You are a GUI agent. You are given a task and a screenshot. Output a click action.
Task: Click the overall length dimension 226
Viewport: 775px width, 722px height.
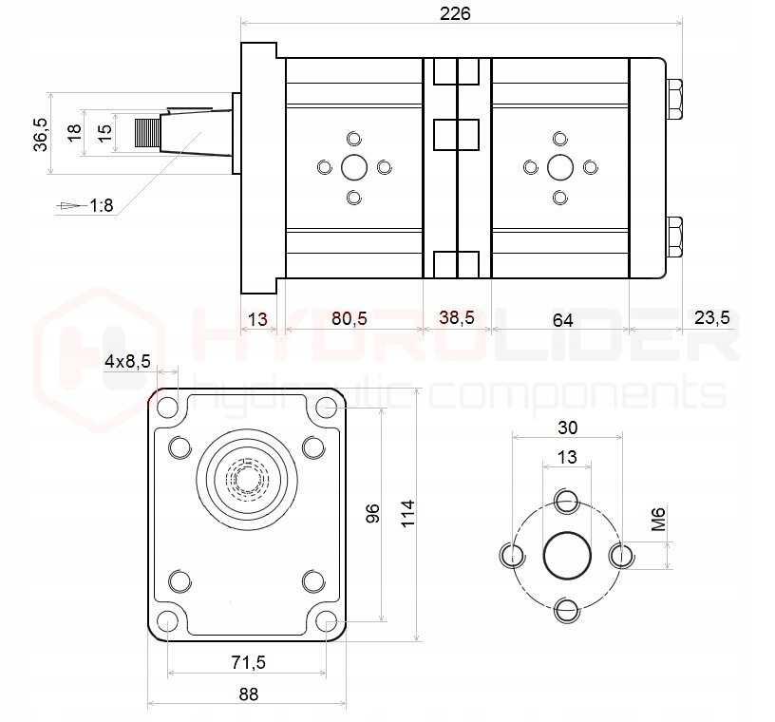click(x=456, y=12)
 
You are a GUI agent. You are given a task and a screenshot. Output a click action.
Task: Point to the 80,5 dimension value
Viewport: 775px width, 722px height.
click(x=349, y=318)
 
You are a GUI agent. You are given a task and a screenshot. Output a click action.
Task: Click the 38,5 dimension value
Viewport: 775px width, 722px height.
click(x=456, y=318)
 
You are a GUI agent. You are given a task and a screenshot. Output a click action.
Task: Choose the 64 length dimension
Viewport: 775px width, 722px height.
click(x=562, y=320)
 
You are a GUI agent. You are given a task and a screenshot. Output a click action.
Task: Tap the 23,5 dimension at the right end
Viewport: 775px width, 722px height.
click(x=711, y=318)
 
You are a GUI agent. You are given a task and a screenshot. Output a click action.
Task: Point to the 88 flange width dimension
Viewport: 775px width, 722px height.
click(x=248, y=694)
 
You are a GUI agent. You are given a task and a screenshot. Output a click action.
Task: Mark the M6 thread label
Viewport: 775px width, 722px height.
click(x=659, y=520)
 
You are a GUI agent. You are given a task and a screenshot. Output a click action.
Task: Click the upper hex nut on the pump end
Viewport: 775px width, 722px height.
click(x=675, y=100)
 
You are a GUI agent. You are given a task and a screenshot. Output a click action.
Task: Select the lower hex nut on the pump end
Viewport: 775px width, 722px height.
click(x=675, y=237)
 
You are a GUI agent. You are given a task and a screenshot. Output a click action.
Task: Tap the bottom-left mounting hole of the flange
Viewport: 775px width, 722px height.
click(x=168, y=622)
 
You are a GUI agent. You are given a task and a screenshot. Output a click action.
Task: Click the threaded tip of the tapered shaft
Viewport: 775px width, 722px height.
click(x=147, y=133)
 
